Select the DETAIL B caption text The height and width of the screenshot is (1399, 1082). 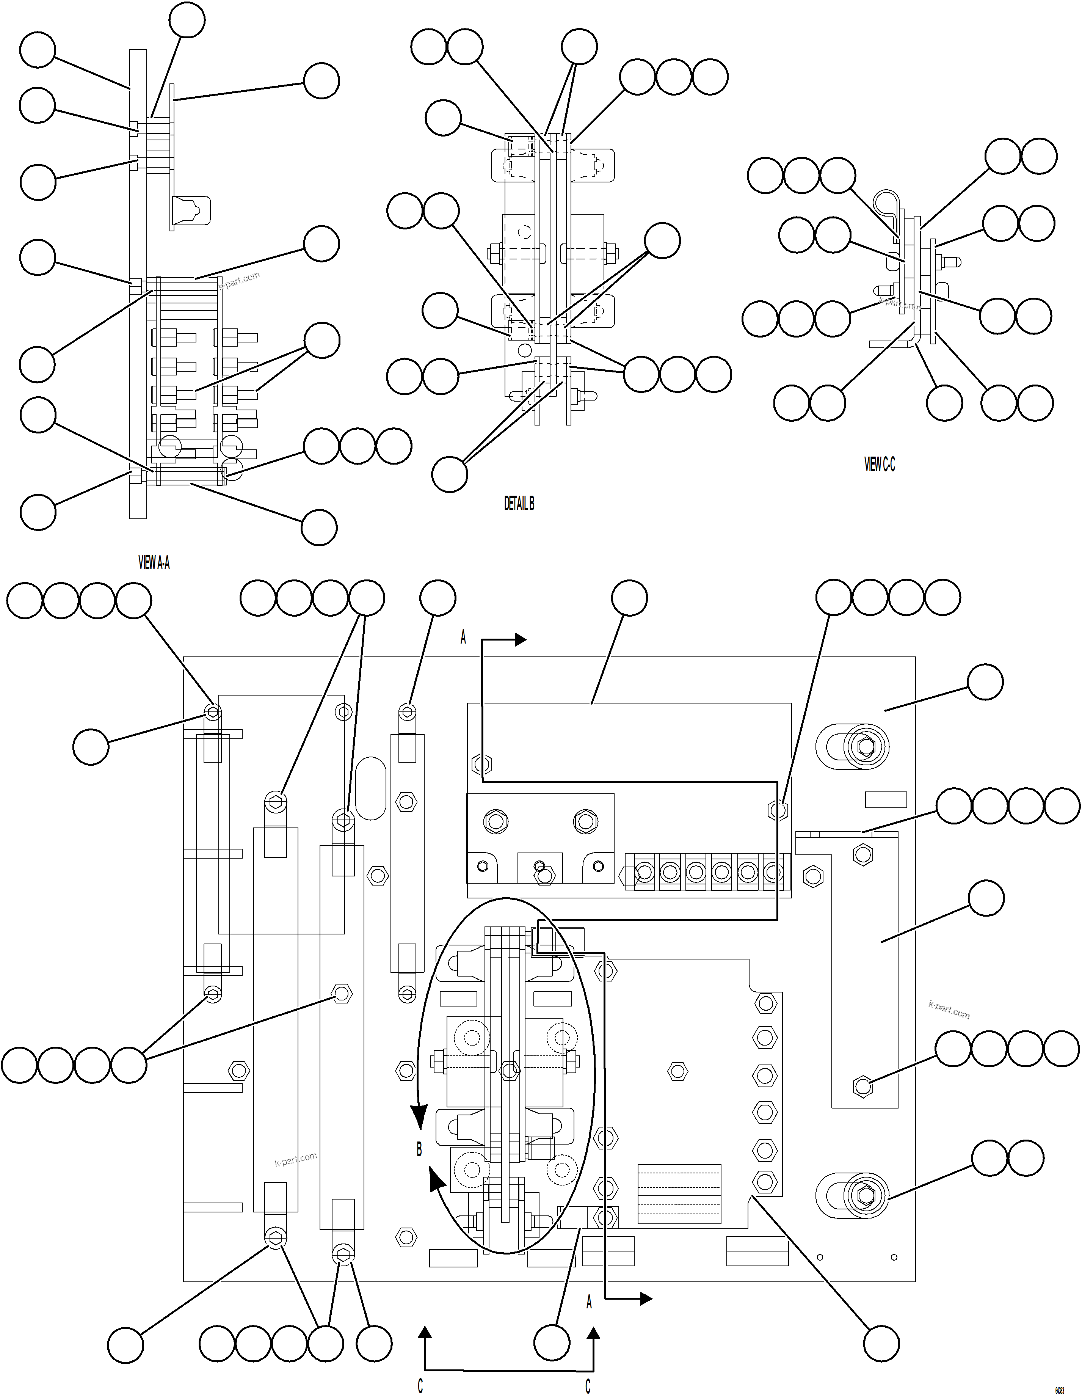point(519,504)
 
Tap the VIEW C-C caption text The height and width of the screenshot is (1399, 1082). point(879,465)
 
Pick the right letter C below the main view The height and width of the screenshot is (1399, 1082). point(588,1386)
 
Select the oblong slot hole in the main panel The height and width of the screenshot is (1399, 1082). point(370,788)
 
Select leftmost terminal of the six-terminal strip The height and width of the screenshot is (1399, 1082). point(645,872)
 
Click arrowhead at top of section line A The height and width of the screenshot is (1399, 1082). point(519,639)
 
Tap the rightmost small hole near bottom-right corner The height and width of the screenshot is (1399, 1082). point(894,1258)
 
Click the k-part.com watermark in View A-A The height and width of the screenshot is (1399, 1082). point(239,281)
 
